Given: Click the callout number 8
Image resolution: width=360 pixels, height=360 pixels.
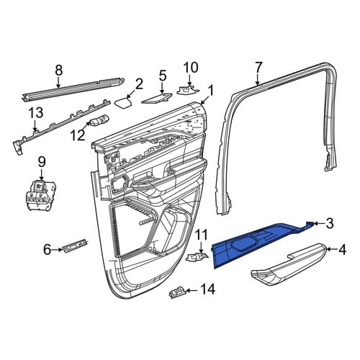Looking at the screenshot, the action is pos(59,71).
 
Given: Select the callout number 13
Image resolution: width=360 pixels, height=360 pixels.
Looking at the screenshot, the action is pos(36,113).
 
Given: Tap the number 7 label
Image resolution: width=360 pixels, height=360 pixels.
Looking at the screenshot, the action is pos(258,68).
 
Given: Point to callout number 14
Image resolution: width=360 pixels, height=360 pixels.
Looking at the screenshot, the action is pos(207,289).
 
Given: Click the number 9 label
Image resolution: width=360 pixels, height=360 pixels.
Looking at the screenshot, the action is pos(42,162).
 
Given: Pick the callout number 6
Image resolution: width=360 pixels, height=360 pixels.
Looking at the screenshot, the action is pos(48,250).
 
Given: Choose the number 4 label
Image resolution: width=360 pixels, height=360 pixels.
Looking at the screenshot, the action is pos(342,250).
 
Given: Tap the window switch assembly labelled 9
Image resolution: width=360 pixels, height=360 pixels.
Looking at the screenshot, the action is pos(41,196).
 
